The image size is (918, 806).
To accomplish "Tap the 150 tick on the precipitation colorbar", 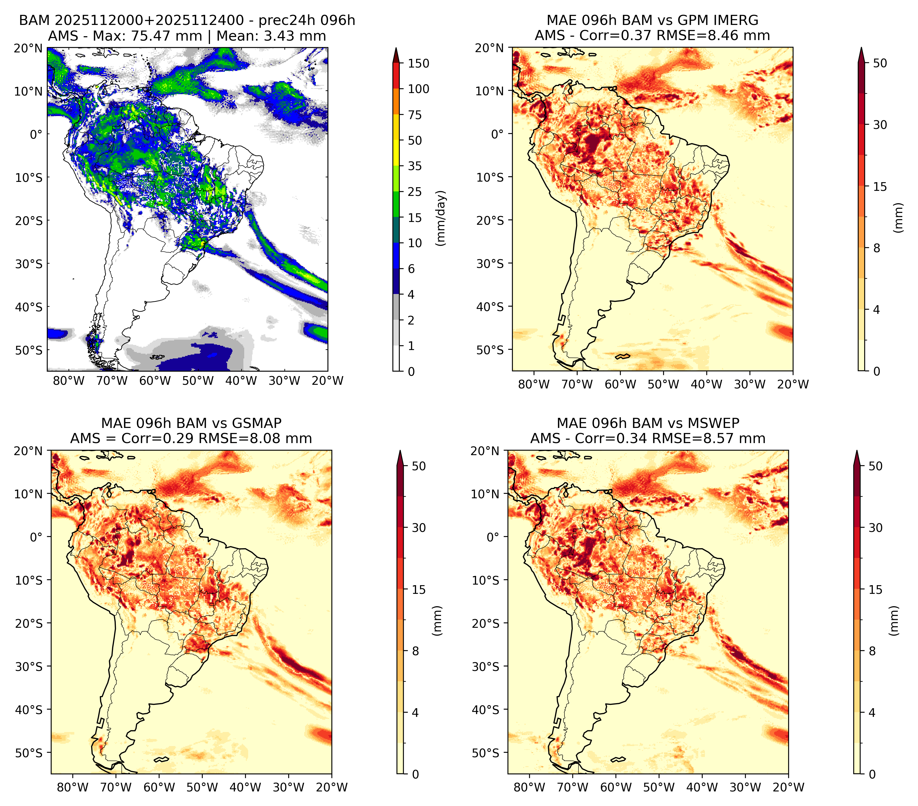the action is (419, 63).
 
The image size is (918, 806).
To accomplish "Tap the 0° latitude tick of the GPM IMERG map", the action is (498, 134).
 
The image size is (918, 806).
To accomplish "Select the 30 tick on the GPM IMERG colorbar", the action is (880, 125).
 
